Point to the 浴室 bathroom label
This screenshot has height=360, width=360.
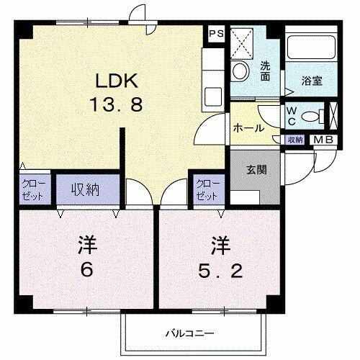click(x=312, y=81)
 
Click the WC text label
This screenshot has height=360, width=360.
click(x=292, y=116)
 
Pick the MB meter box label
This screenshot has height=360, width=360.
click(x=322, y=140)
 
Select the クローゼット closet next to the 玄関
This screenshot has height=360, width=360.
click(x=207, y=189)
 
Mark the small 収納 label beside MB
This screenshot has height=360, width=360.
click(x=295, y=140)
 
